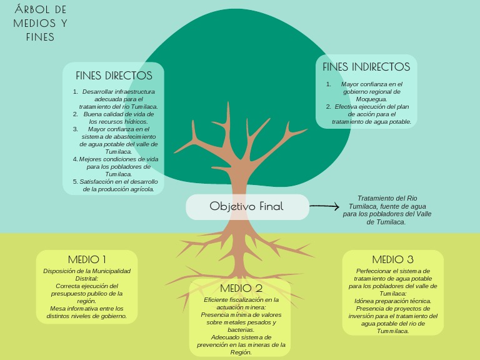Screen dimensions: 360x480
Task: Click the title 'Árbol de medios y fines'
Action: (x=40, y=23)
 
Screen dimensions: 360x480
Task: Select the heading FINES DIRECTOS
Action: (x=114, y=76)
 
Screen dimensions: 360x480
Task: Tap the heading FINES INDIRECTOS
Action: (x=366, y=67)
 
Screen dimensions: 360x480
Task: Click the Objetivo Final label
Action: (x=246, y=206)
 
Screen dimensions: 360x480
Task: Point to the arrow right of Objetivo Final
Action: (x=324, y=206)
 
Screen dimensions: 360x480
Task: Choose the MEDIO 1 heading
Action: (x=87, y=259)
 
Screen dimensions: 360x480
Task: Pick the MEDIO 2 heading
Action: (x=241, y=288)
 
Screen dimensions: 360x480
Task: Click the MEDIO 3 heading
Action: (x=392, y=259)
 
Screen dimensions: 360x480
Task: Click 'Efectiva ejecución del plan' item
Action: (x=371, y=114)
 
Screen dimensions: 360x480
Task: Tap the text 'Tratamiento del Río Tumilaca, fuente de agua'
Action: (x=387, y=201)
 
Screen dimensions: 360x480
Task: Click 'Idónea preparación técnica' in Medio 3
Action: (x=392, y=301)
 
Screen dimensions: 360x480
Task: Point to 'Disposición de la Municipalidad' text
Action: (x=87, y=271)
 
